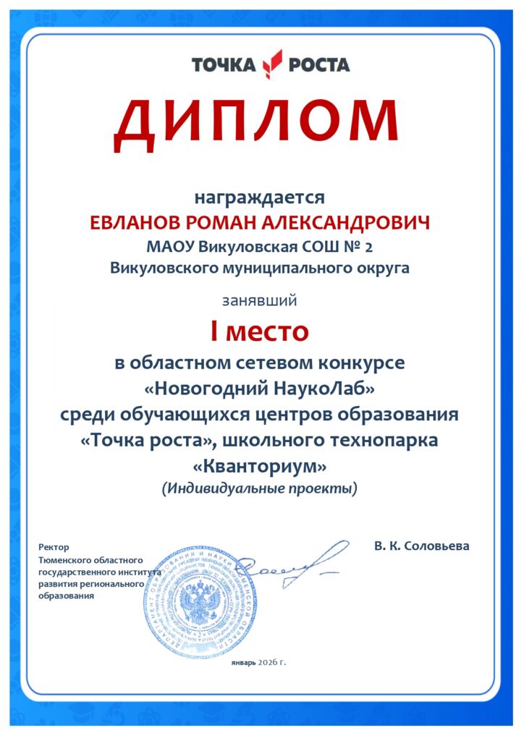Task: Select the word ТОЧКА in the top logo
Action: point(224,65)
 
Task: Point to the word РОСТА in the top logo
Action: point(319,65)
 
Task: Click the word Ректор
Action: point(54,547)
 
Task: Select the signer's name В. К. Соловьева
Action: point(422,546)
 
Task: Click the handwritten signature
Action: point(290,564)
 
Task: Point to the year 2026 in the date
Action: point(268,662)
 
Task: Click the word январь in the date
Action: point(243,662)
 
